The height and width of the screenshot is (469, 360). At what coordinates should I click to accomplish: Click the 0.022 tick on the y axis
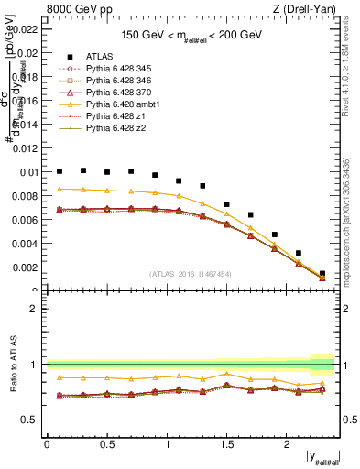(x=26, y=28)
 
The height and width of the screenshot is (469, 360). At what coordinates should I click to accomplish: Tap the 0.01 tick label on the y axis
(x=29, y=171)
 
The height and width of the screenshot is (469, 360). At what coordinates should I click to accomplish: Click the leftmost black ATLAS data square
(x=60, y=171)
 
